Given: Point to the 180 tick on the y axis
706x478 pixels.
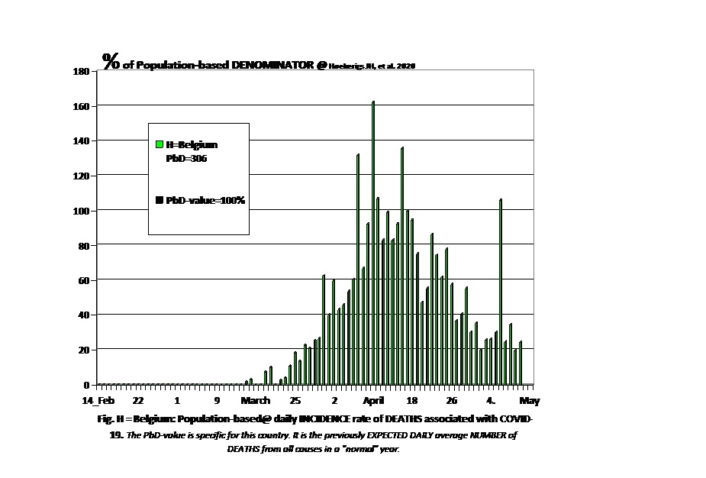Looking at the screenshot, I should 82,71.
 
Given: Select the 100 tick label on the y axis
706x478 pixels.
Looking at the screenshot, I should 82,211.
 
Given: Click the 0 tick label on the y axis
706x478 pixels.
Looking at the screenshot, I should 86,385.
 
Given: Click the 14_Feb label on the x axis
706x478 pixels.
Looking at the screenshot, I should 98,401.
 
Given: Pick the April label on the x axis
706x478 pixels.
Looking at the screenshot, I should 373,401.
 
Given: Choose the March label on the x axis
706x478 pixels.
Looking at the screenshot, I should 256,401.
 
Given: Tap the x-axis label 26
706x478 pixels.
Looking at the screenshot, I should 452,401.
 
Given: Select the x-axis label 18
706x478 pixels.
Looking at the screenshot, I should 412,401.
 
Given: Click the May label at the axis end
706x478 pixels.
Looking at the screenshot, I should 530,401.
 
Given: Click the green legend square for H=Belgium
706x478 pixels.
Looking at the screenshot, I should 159,144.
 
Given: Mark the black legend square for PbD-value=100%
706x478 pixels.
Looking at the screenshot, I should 159,200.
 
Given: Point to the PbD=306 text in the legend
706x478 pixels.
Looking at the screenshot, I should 187,159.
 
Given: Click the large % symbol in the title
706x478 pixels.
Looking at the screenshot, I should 111,62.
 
